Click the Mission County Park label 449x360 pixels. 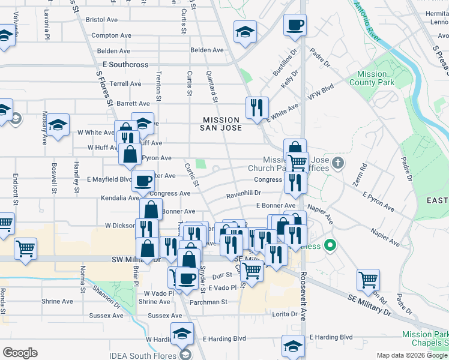click(x=372, y=79)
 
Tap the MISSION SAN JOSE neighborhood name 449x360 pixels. click(x=221, y=124)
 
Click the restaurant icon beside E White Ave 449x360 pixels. click(x=257, y=108)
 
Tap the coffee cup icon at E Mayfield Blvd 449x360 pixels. click(x=143, y=181)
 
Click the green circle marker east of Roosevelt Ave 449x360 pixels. click(x=330, y=245)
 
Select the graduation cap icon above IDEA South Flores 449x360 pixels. click(x=182, y=334)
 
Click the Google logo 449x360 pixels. click(x=20, y=353)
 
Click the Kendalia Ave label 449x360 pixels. click(x=103, y=197)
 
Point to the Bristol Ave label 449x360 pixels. click(x=104, y=20)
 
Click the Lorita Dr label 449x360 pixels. click(x=285, y=314)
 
